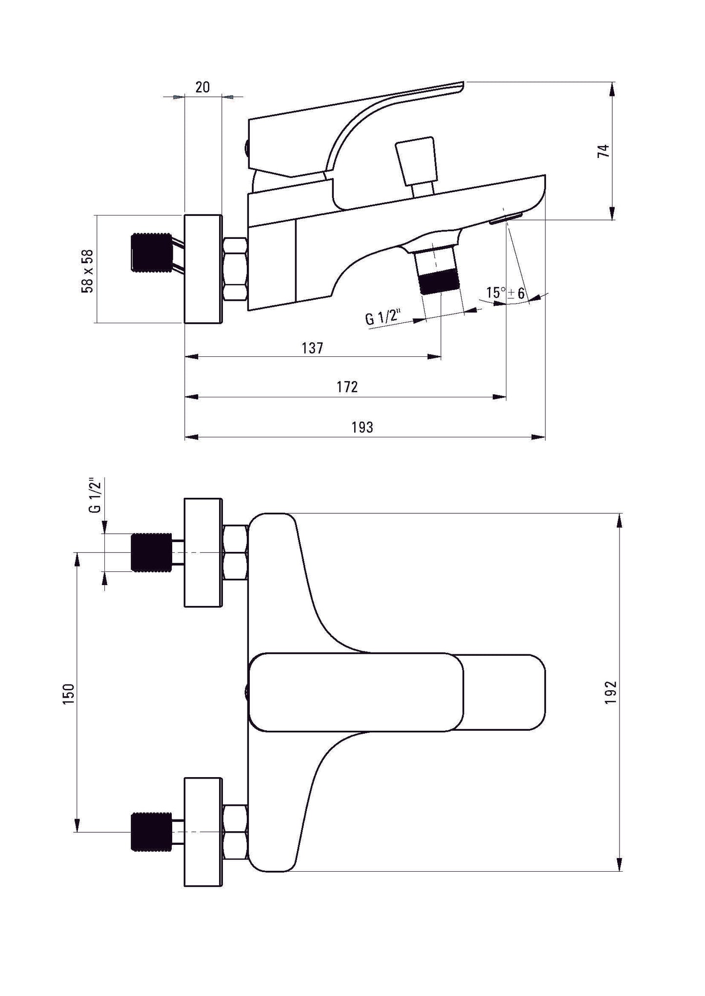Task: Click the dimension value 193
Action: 362,427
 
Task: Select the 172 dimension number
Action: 347,387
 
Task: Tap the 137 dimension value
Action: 312,348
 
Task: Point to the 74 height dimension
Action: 604,151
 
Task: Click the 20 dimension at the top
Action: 202,87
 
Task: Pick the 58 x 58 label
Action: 87,271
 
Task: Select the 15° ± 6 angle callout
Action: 505,293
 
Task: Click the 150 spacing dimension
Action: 69,693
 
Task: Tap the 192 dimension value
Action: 612,692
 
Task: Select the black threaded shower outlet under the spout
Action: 439,282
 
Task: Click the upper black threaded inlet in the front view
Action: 151,552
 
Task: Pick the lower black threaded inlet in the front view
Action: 151,832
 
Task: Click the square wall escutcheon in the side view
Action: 203,269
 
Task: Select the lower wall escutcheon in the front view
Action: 203,832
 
